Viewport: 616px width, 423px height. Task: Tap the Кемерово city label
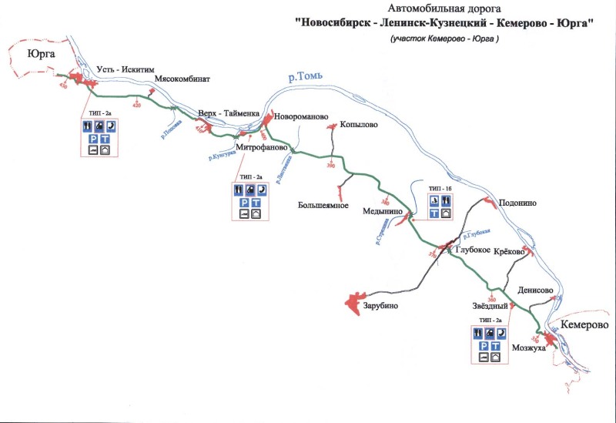tap(584, 325)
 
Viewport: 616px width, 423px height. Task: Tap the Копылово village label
tap(358, 126)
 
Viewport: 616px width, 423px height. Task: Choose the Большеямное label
tap(324, 205)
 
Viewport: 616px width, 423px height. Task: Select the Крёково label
tap(509, 252)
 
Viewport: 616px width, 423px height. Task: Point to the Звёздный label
tap(491, 307)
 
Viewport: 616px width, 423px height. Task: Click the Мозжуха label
tap(528, 348)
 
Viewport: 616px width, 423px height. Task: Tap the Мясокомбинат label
tap(182, 79)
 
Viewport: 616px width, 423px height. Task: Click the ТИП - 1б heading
tap(439, 188)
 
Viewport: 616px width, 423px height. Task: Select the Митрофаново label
tap(262, 146)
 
